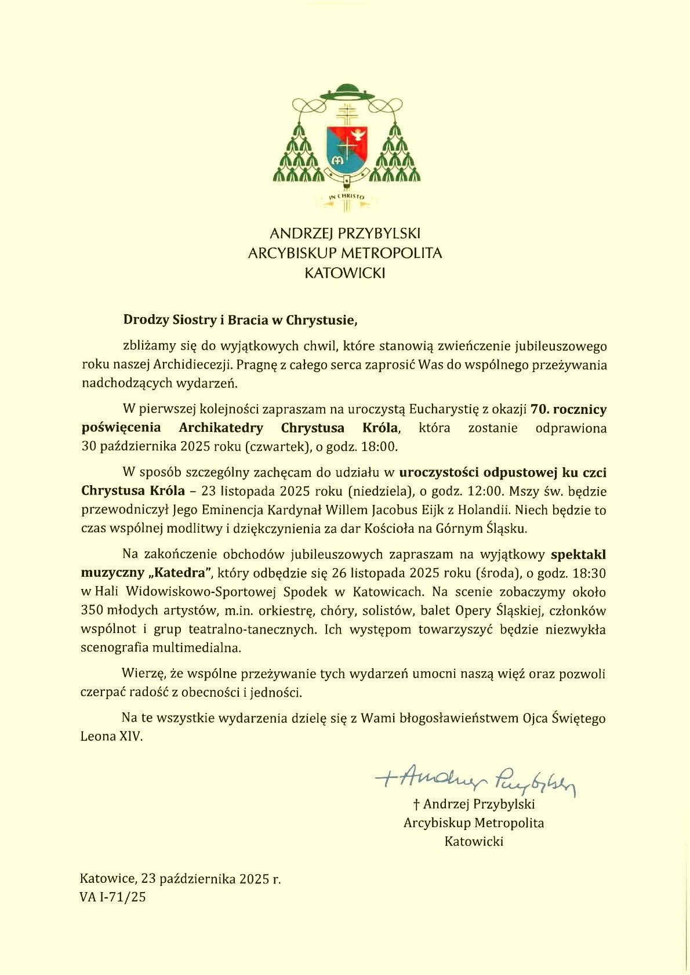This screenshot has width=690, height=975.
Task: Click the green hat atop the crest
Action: coord(345,92)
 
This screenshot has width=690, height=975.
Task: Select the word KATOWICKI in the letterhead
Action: coord(345,272)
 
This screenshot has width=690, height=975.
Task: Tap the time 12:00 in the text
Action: coord(485,492)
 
